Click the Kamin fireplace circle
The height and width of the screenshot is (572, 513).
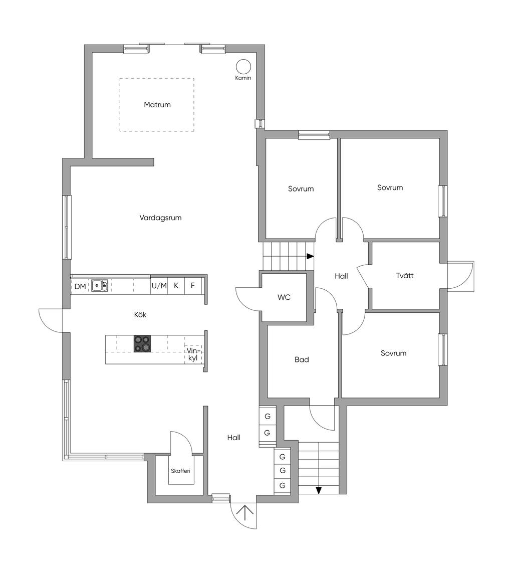tap(243, 66)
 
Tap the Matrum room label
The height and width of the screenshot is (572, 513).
tap(157, 105)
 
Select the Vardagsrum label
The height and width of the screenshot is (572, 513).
tap(160, 218)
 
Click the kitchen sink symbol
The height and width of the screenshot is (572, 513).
tap(100, 285)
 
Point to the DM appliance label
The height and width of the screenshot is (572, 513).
tap(80, 286)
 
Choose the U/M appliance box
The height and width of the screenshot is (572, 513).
tap(159, 285)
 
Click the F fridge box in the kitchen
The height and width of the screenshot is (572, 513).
tap(193, 285)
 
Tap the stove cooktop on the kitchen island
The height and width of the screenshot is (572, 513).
tap(142, 343)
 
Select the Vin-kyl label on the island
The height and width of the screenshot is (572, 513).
tap(193, 354)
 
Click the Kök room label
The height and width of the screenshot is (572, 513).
tap(140, 314)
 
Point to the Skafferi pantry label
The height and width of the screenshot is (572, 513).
tap(180, 471)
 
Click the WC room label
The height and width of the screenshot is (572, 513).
tap(284, 297)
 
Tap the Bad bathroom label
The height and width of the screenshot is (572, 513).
tap(302, 359)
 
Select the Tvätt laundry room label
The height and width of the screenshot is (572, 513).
tap(405, 275)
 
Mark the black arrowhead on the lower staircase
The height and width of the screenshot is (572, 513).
tap(319, 491)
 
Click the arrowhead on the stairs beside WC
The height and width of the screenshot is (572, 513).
tap(310, 256)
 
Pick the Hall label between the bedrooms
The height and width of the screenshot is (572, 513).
tap(341, 276)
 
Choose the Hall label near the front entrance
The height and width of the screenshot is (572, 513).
tap(234, 437)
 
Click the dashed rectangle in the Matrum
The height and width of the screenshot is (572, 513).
tap(157, 78)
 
